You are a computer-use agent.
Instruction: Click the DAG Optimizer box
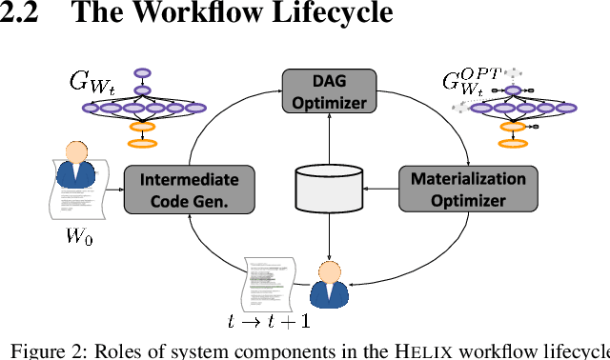click(329, 91)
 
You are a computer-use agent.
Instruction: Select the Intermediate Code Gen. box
click(190, 190)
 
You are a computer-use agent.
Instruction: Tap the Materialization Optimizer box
click(467, 190)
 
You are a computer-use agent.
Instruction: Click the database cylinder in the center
click(329, 188)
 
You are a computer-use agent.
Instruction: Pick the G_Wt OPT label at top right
click(469, 83)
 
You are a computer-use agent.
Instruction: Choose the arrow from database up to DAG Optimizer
click(329, 138)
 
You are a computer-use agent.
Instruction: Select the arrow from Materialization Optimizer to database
click(381, 190)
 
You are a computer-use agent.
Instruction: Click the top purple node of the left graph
click(143, 71)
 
